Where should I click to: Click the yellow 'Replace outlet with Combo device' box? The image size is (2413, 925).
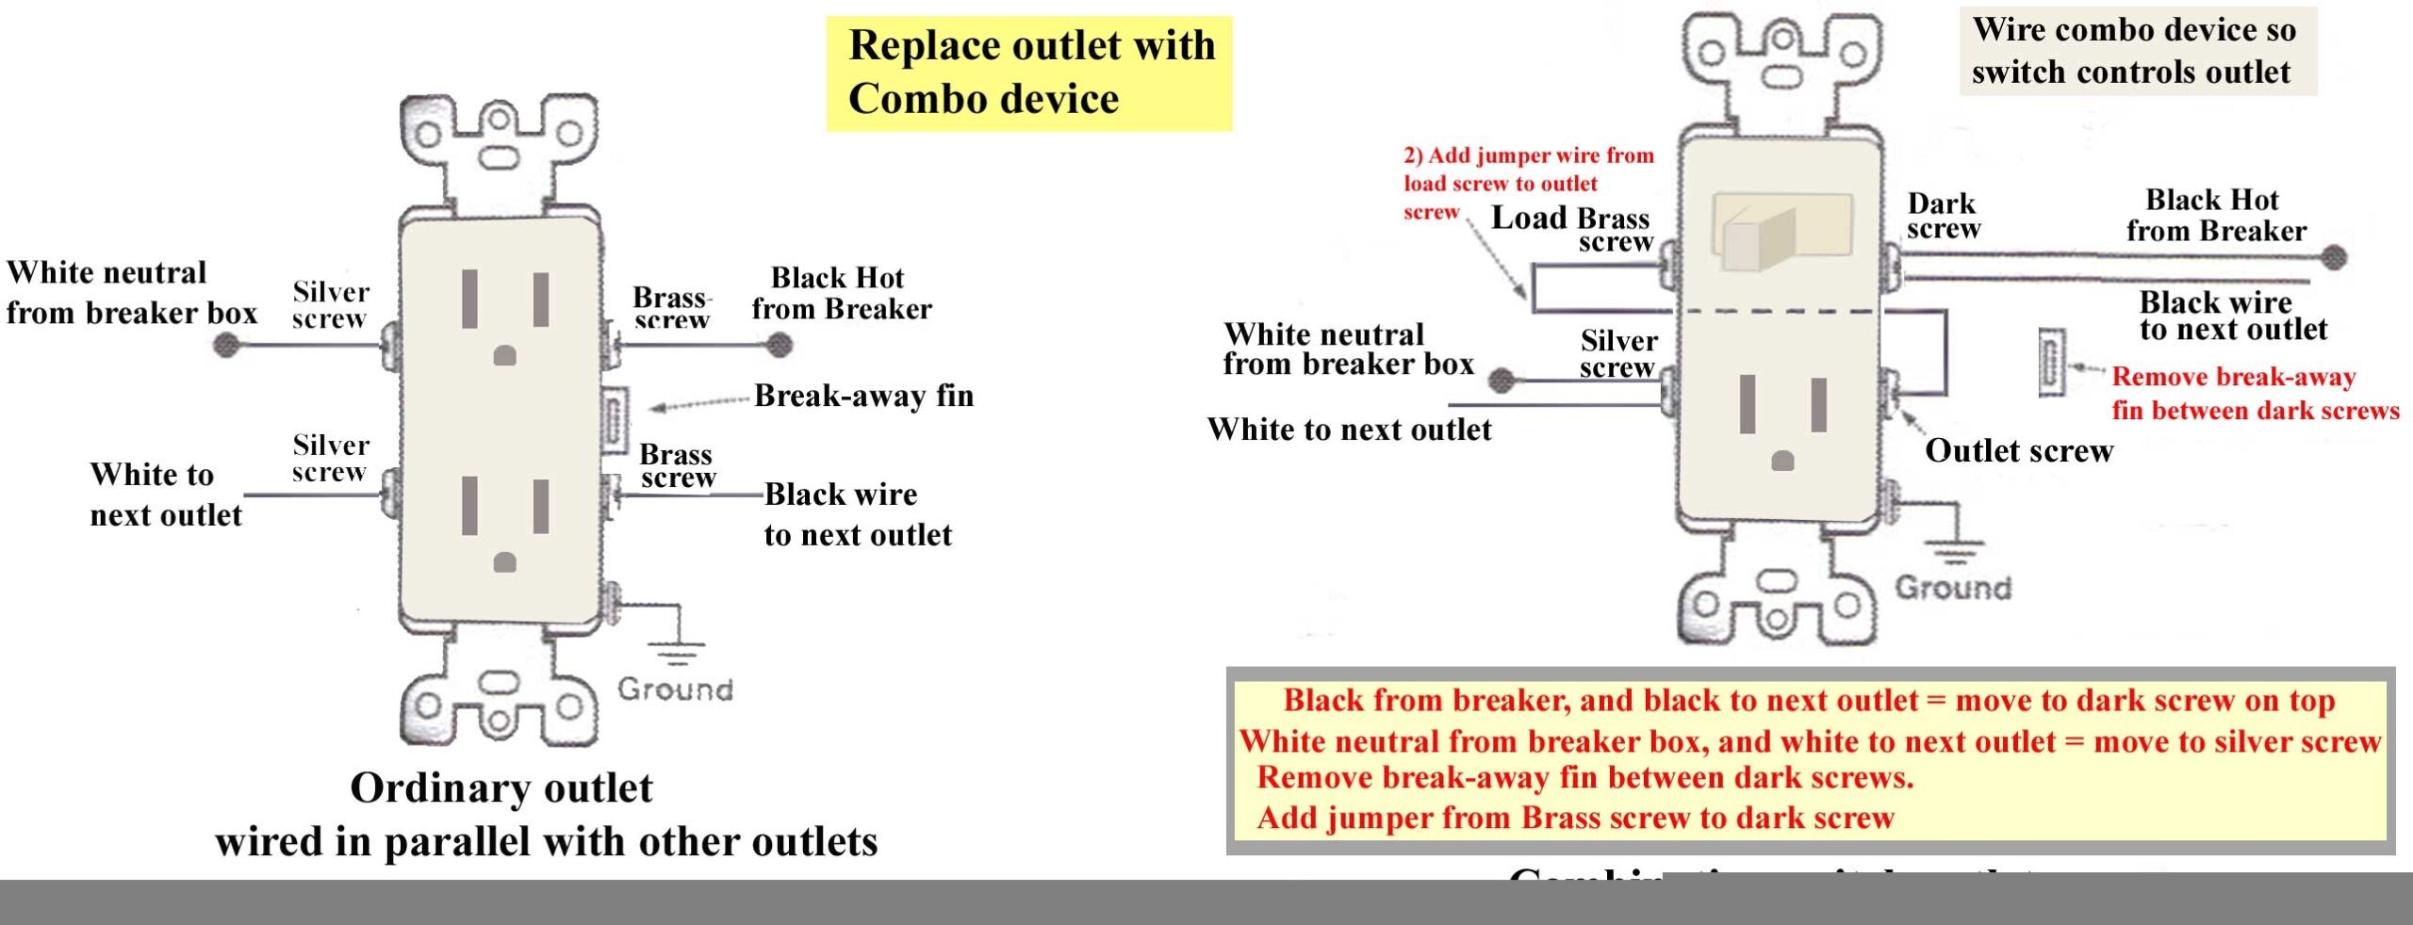tap(1029, 73)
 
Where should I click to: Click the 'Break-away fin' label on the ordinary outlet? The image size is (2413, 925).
tap(863, 396)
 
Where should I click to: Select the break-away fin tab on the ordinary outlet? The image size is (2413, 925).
tap(614, 421)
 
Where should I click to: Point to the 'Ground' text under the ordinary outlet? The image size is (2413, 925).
tap(675, 690)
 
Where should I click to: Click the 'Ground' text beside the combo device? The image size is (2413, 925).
tap(1953, 588)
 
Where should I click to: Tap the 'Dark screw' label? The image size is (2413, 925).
tap(1943, 217)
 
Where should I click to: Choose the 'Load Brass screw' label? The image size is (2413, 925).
tap(1572, 229)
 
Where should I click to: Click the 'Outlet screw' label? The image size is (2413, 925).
tap(2018, 451)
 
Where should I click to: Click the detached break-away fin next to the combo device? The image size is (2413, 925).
tap(2051, 363)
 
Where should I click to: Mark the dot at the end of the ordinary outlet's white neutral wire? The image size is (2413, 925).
tap(226, 346)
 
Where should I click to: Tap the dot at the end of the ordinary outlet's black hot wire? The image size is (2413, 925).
tap(779, 346)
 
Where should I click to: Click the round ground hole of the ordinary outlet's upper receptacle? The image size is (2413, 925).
tap(505, 356)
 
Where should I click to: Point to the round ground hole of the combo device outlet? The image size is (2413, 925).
tap(1782, 462)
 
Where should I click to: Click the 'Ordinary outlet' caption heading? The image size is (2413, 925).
tap(501, 788)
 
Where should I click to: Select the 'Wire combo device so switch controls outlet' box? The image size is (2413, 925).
tap(2137, 51)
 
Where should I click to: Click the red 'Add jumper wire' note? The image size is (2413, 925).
tap(1527, 182)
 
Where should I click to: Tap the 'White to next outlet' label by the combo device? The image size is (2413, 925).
tap(1349, 430)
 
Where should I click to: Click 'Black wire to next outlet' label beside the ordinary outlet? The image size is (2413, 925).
tap(857, 514)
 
